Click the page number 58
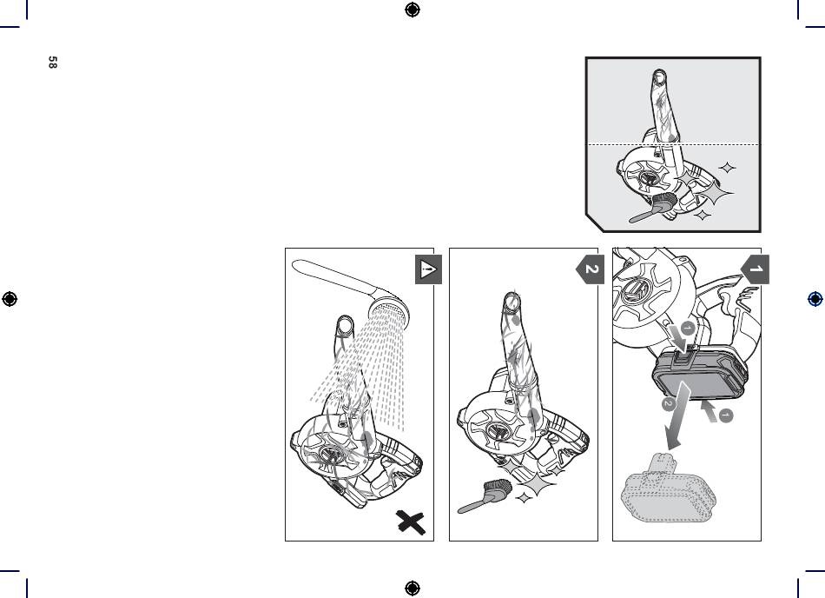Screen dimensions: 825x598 [x=52, y=62]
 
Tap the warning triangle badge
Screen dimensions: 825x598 [x=428, y=269]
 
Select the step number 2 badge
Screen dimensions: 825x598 [x=591, y=269]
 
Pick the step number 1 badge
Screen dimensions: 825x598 [x=755, y=269]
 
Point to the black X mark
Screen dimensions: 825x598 [x=411, y=522]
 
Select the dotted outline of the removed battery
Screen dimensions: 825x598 [x=668, y=489]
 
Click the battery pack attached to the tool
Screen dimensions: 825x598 [x=700, y=373]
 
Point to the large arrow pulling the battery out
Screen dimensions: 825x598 [x=676, y=415]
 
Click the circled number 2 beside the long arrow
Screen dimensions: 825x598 [x=668, y=404]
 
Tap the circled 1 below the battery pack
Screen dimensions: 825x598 [x=725, y=415]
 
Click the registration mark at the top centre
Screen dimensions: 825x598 [x=412, y=10]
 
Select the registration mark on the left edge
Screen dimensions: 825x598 [x=10, y=299]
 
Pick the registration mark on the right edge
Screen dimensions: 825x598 [x=815, y=299]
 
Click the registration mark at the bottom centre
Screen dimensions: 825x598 [x=412, y=588]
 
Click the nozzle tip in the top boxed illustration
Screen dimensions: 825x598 [x=659, y=77]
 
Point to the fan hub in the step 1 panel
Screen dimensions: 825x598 [x=635, y=290]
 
